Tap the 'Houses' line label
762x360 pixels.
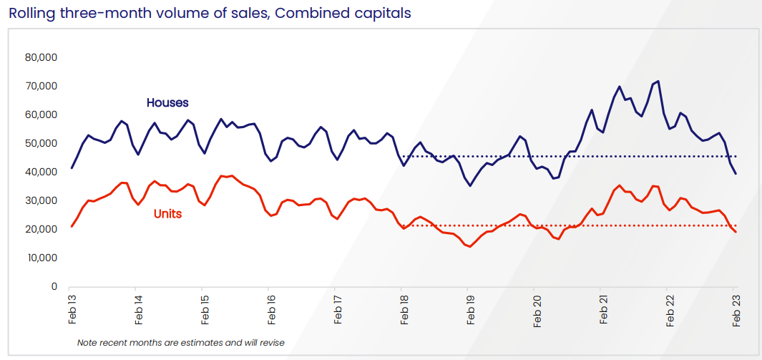coord(167,103)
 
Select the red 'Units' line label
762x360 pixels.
coord(167,213)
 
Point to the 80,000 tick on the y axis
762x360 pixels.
coord(41,57)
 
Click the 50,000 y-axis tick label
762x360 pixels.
coord(41,143)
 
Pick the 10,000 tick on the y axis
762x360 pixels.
coord(41,258)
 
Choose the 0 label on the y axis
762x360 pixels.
coord(54,286)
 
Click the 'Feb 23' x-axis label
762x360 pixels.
coord(735,309)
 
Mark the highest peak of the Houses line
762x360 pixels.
coord(658,82)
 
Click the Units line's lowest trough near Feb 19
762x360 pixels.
coord(470,246)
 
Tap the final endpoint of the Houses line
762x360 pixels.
coord(736,173)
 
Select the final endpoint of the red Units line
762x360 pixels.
coord(736,231)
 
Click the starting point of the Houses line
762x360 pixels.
coord(72,168)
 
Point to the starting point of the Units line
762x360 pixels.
coord(72,226)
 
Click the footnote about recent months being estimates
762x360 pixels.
coord(180,343)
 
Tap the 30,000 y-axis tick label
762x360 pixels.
coord(41,200)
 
